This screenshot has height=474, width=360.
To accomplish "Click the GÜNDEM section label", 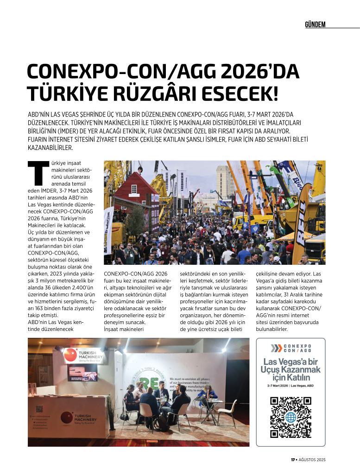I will click(x=315, y=24).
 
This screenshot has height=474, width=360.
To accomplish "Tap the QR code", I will click(x=291, y=417).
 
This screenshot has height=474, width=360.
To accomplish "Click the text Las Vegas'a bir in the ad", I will click(x=291, y=362).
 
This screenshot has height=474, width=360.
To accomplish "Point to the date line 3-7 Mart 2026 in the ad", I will click(x=291, y=386).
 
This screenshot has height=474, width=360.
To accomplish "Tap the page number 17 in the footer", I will click(x=293, y=460).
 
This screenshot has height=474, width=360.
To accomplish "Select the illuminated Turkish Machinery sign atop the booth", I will click(x=84, y=355).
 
